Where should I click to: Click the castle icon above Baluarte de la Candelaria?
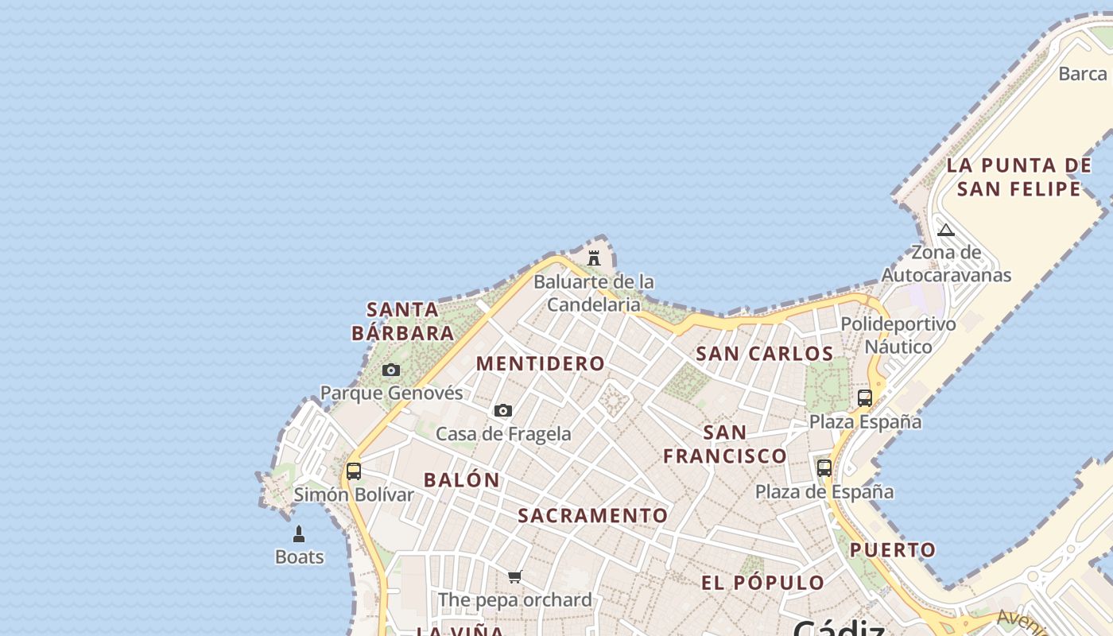coord(593,258)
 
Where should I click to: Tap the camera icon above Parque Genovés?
coord(391,370)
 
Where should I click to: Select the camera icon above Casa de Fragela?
coord(502,410)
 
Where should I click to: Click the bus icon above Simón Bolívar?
coord(354,471)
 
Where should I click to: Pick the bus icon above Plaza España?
coord(865,397)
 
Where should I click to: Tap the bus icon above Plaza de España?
coord(824,467)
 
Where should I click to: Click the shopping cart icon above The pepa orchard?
coord(515,576)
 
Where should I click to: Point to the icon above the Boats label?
coord(299,533)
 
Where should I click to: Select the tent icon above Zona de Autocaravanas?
coord(945,231)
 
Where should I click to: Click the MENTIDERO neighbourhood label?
coord(541,364)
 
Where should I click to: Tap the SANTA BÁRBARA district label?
coord(403,321)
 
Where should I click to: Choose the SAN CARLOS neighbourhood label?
coord(765,354)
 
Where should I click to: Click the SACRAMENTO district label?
coord(593,516)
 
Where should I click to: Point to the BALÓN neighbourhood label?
coord(462,480)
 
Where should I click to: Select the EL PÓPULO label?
coord(763,583)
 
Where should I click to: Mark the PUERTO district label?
coord(893,550)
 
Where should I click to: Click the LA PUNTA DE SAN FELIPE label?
coord(1019,176)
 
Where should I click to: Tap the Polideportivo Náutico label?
coord(898,335)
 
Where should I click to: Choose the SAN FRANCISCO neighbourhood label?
coord(725,444)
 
